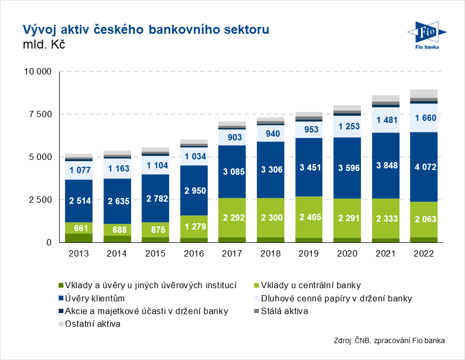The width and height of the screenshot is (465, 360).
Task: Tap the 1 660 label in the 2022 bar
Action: pyautogui.click(x=423, y=118)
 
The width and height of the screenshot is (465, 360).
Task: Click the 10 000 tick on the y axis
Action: pyautogui.click(x=37, y=71)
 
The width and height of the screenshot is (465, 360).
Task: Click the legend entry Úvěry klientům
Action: pyautogui.click(x=95, y=298)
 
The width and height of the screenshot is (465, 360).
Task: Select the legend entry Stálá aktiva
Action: pyautogui.click(x=285, y=311)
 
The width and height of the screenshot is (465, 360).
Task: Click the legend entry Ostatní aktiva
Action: pyautogui.click(x=92, y=324)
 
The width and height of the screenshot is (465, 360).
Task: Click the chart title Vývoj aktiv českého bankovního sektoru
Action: pyautogui.click(x=145, y=29)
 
